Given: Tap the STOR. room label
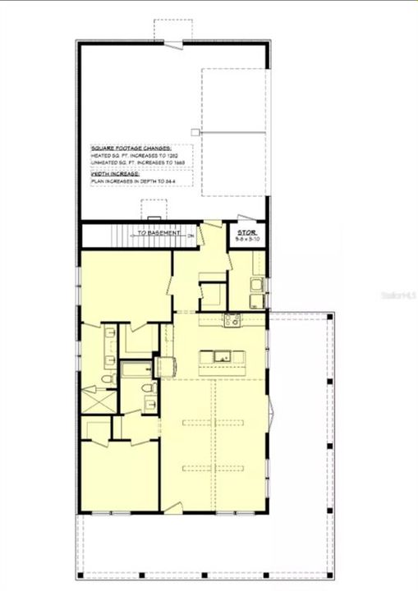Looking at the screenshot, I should coord(247,233).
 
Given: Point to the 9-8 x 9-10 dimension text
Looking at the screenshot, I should coord(247,240).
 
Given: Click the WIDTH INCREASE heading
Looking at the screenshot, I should coord(114,173).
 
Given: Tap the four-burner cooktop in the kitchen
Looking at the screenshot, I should coord(232,320).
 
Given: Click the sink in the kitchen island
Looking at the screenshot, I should coord(220,356).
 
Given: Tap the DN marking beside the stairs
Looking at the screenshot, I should coord(191,236).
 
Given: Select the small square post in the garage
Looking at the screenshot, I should coord(195,131).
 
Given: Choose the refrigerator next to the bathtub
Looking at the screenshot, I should coord(167,367).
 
